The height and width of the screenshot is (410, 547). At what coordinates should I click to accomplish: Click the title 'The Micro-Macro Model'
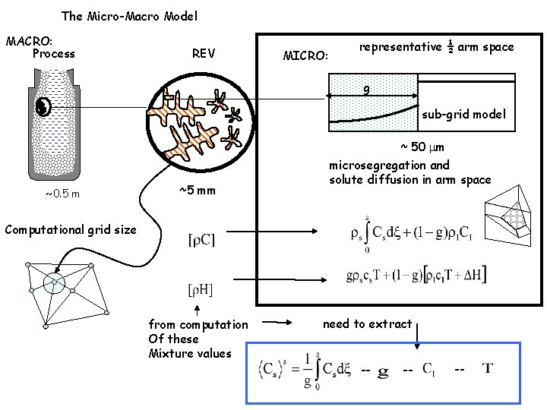click(x=130, y=15)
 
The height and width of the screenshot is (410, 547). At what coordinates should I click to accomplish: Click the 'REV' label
click(x=203, y=53)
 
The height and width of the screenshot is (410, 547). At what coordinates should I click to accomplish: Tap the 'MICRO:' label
click(x=305, y=55)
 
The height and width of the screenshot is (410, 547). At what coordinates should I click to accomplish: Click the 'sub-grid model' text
click(x=464, y=115)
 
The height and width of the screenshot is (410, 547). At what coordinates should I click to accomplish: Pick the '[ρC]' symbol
click(x=201, y=239)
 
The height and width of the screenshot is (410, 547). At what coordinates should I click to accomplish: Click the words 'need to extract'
click(x=367, y=324)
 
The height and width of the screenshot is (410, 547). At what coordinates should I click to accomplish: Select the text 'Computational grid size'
click(x=71, y=229)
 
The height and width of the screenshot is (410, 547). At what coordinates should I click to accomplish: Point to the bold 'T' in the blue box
click(x=488, y=369)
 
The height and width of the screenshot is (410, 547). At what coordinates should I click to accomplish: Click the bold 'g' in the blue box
click(x=383, y=371)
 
